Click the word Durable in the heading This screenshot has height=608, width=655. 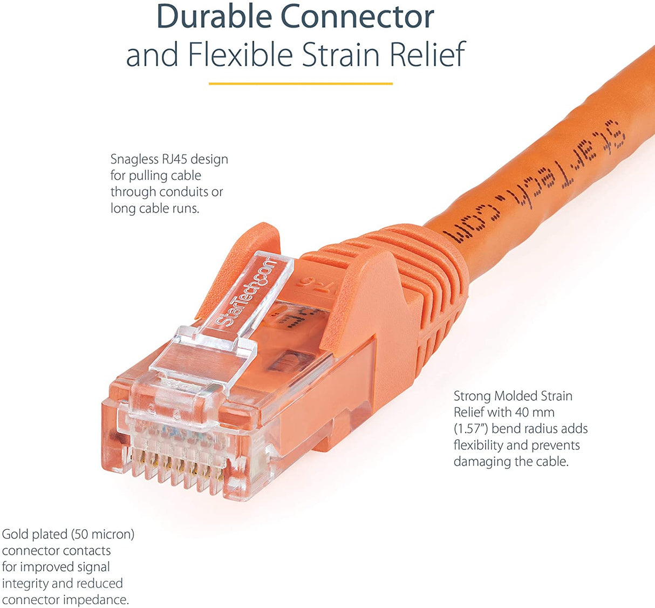214,17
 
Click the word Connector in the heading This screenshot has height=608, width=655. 358,17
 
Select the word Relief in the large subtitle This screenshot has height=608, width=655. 427,55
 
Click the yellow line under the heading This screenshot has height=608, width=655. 301,84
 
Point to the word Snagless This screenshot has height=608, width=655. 134,159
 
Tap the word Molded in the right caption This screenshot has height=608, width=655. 519,396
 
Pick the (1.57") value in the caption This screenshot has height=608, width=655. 471,429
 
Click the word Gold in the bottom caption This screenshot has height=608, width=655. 15,535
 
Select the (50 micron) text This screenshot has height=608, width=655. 103,535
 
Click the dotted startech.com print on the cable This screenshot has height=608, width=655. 534,183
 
